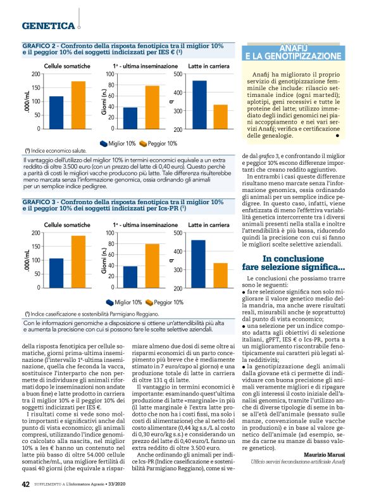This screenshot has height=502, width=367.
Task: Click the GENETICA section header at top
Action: coord(48,26)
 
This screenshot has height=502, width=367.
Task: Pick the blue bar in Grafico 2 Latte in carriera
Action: coord(199,105)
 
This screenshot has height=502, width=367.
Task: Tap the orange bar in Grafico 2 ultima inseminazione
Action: coord(152,107)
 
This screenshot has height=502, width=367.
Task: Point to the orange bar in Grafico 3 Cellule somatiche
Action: coord(78,252)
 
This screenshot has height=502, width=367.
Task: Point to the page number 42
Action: coord(25,484)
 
